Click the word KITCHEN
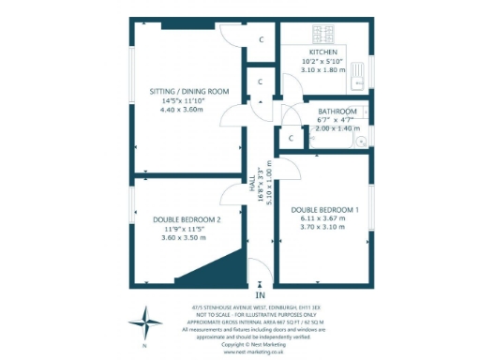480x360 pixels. coord(322,52)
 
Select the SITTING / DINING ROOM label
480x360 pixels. coord(190,91)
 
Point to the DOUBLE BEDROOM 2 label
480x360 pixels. coord(187,219)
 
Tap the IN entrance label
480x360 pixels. coord(260,295)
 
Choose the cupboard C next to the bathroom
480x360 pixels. coord(291,139)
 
